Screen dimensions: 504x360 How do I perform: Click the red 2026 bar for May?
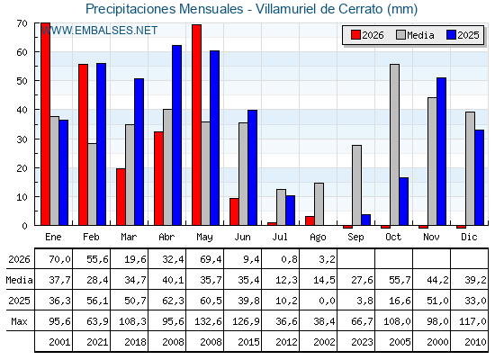[197, 125]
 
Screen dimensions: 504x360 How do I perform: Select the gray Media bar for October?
[395, 145]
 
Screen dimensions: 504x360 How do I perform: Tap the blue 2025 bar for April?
[176, 135]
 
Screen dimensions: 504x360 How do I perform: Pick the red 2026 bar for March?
[121, 197]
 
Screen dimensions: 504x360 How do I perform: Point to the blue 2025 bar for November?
[441, 151]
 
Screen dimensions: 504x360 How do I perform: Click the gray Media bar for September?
[356, 185]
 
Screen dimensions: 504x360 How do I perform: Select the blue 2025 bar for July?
[290, 211]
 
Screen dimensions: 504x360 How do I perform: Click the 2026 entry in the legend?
[368, 35]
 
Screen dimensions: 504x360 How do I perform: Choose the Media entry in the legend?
[415, 35]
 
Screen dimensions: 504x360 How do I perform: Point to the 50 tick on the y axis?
[22, 81]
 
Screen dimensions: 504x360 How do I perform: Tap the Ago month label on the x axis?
[318, 238]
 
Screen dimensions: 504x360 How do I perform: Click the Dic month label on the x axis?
[469, 237]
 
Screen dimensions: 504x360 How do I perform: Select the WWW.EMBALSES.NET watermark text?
[99, 31]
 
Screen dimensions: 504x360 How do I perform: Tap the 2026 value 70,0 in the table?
[59, 259]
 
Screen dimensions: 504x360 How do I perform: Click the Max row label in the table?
[19, 321]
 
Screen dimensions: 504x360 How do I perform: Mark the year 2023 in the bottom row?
[362, 342]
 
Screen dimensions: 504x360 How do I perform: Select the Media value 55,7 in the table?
[400, 280]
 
